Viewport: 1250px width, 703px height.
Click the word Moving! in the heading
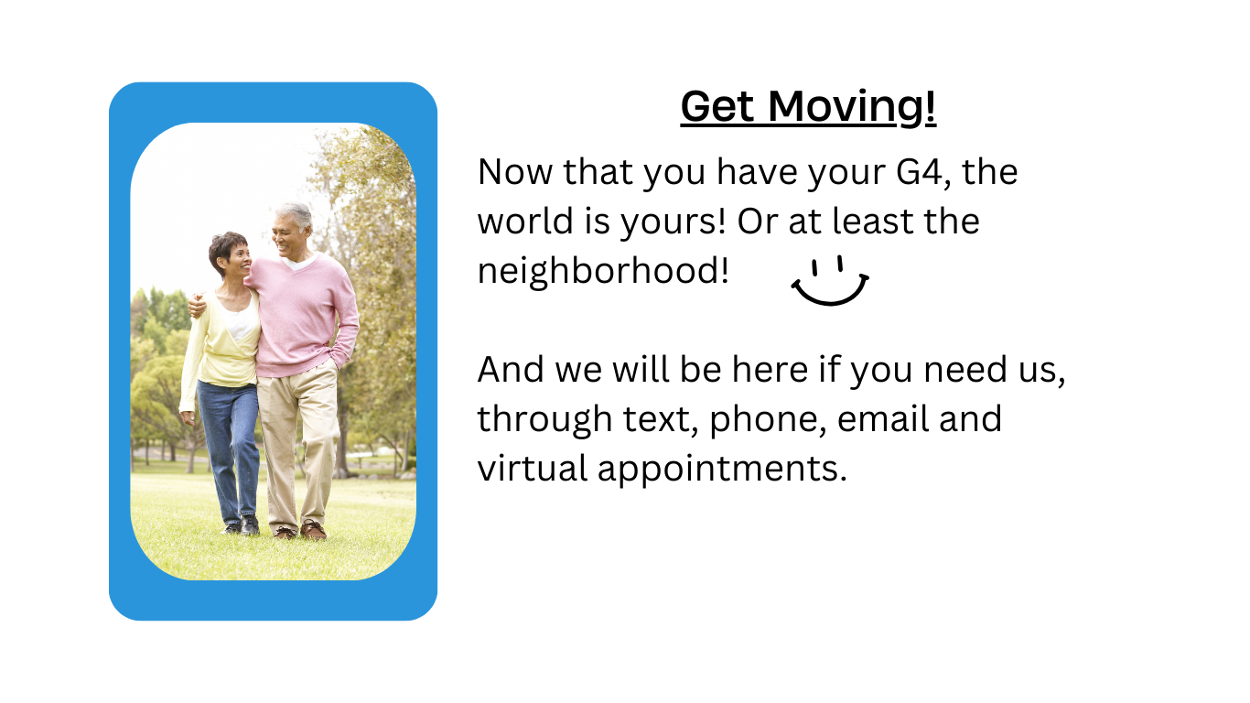pyautogui.click(x=852, y=107)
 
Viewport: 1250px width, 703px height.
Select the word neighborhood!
pyautogui.click(x=603, y=271)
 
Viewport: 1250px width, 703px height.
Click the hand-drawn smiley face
pyautogui.click(x=829, y=281)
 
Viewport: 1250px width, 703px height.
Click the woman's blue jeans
pyautogui.click(x=230, y=439)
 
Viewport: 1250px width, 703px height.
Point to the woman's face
pyautogui.click(x=235, y=257)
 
